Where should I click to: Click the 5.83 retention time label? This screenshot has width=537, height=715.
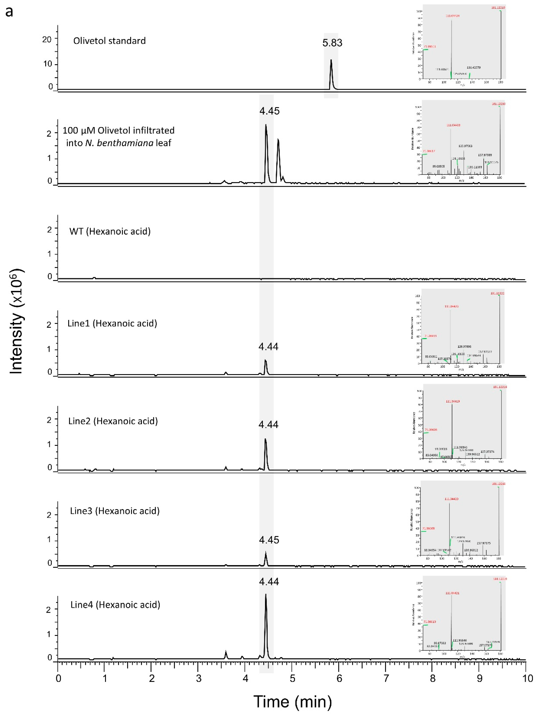click(332, 43)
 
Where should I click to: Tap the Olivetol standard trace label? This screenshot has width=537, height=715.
click(109, 41)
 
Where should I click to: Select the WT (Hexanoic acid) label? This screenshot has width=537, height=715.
click(110, 231)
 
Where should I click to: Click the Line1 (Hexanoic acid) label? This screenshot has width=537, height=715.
click(112, 324)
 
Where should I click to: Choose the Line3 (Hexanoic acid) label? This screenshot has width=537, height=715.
click(115, 511)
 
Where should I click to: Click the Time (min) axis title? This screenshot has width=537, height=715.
click(292, 702)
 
